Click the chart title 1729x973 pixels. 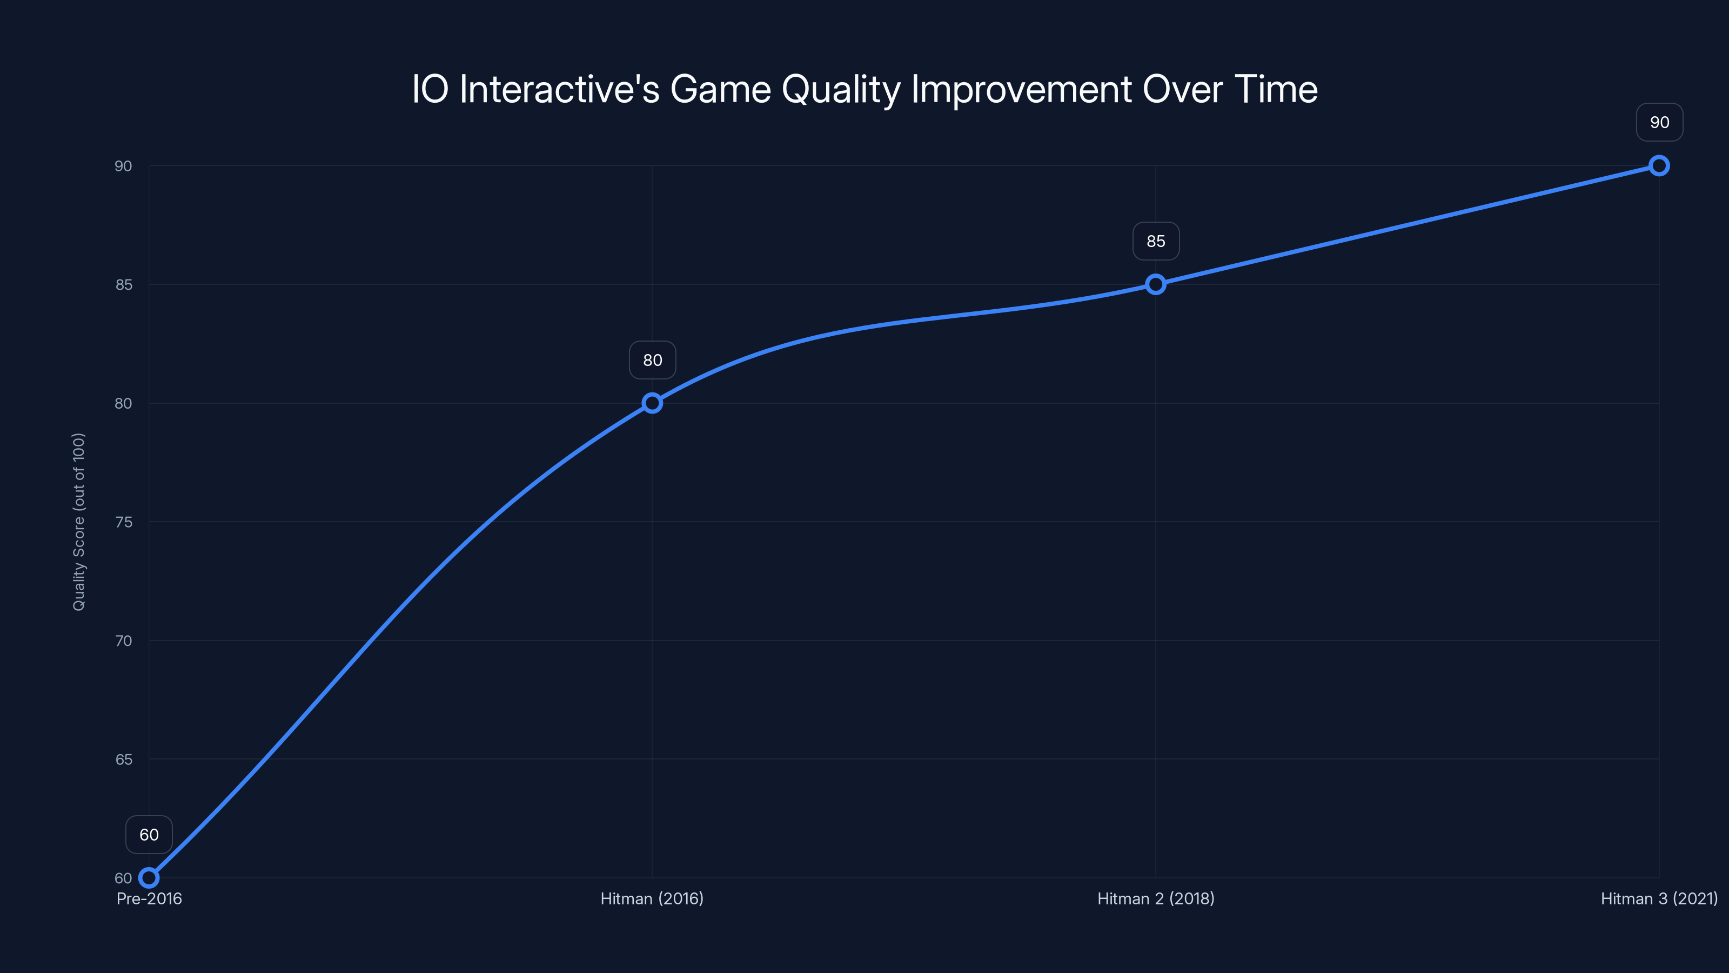click(864, 89)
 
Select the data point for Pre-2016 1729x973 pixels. click(149, 878)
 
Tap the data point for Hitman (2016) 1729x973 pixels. click(652, 403)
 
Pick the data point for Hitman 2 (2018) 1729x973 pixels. click(1155, 284)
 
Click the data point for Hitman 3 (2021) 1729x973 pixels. click(1659, 166)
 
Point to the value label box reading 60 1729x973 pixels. click(149, 835)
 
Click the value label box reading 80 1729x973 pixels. click(652, 360)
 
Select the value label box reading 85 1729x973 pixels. click(1156, 241)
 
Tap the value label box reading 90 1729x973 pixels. click(1659, 122)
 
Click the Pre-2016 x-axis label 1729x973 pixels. click(149, 898)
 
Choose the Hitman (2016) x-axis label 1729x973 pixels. click(652, 898)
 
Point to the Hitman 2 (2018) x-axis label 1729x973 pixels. click(1156, 898)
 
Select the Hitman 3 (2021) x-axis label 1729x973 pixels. click(1659, 898)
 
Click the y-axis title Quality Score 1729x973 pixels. click(78, 522)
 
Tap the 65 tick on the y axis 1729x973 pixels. click(124, 759)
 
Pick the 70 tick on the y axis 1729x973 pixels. click(124, 641)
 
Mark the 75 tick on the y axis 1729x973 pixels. click(124, 522)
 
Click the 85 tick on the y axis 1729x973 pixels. click(124, 285)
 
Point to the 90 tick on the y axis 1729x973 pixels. click(124, 166)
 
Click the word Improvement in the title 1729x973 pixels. click(1022, 89)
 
